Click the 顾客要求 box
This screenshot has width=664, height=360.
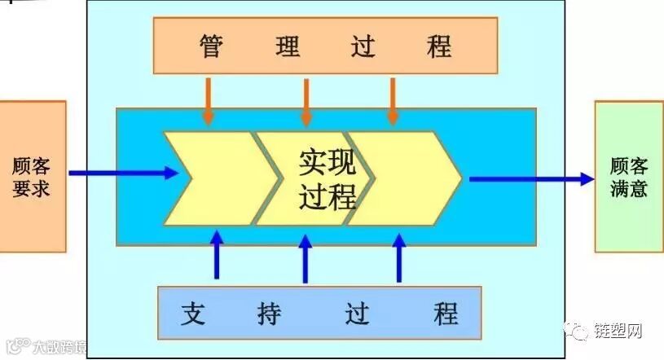(x=32, y=176)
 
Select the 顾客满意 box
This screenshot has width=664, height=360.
(x=628, y=176)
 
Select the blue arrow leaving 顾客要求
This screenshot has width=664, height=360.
(x=122, y=173)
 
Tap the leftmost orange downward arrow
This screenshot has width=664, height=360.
(x=209, y=101)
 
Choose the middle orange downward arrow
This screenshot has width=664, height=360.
(x=306, y=101)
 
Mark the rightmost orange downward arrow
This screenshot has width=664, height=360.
(x=393, y=101)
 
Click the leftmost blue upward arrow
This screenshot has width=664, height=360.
(x=217, y=255)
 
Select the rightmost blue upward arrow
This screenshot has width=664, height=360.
(x=399, y=257)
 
